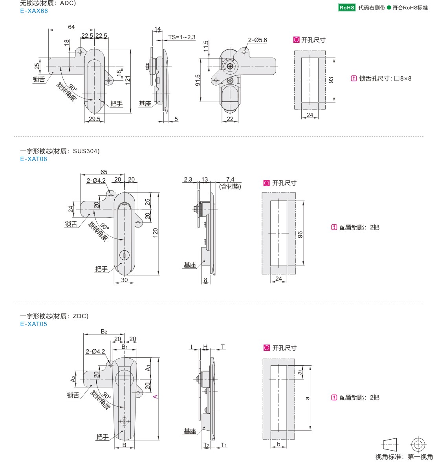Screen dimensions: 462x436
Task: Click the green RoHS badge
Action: coord(347,7)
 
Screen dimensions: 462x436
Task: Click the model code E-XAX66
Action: coord(34,11)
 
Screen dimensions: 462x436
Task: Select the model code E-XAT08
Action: coord(33,159)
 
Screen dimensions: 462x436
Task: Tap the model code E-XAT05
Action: coord(33,324)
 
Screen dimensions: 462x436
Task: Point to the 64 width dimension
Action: coord(71,27)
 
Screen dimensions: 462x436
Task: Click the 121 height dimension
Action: coord(128,80)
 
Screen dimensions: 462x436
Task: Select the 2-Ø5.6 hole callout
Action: coord(257,40)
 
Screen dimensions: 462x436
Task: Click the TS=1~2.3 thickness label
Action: coord(181,37)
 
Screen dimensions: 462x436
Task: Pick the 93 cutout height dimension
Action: coord(331,80)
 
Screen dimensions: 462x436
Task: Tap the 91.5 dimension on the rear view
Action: coord(198,80)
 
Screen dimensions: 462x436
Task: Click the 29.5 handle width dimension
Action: coord(94,119)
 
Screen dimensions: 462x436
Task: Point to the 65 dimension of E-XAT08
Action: coord(104,172)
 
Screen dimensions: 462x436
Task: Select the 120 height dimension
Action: coord(155,233)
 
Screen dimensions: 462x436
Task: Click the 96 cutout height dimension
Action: coord(300,235)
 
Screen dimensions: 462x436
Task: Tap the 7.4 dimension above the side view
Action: coord(230,180)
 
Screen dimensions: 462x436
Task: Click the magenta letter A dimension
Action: coord(156,397)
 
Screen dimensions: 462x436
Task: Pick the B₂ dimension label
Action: coord(104,332)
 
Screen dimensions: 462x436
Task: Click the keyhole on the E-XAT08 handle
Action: coord(124,256)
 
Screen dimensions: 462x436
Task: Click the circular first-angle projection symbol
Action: coord(418,445)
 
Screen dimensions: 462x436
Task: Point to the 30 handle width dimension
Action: coord(124,280)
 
